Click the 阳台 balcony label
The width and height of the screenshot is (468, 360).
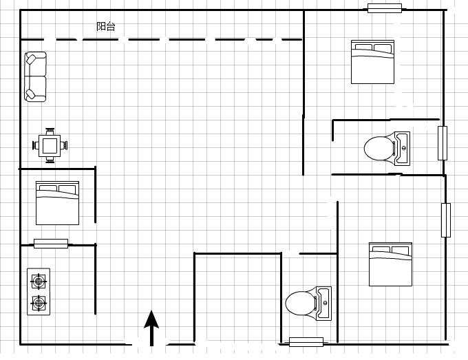pos(106,26)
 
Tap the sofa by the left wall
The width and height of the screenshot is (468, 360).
pos(35,76)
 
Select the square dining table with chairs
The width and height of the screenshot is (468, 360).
pos(50,146)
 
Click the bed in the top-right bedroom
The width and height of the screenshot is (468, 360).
pos(372,62)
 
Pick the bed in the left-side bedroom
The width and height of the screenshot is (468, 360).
pos(57,202)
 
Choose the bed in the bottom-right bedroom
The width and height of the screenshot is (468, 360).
pos(390,264)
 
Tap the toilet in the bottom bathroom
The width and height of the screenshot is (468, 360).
pos(308,304)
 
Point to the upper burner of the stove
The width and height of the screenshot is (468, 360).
pos(39,281)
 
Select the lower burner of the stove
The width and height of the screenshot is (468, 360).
pos(39,303)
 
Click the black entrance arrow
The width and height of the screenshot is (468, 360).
pos(151,328)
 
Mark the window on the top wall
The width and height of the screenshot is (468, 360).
pos(385,8)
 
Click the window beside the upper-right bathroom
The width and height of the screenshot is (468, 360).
pos(443,143)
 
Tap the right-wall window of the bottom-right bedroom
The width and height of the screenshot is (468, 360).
pos(446,220)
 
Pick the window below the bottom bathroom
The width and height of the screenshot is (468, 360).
pos(306,342)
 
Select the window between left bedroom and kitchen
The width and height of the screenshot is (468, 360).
pos(51,244)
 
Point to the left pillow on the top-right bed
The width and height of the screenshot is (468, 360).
pos(363,47)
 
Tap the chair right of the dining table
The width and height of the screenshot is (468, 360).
pos(64,146)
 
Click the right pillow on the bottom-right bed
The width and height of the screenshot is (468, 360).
pos(401,250)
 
